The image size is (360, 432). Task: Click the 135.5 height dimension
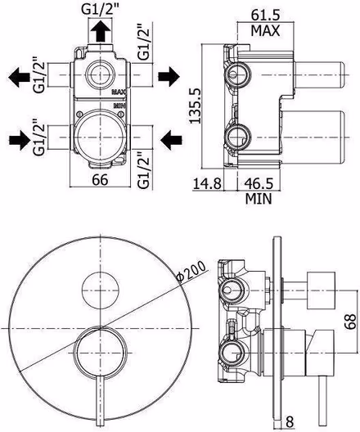196,106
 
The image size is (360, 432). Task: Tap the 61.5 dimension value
265,16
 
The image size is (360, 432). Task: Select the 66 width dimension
100,180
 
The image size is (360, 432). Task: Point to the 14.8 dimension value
207,183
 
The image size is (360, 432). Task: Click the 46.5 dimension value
259,183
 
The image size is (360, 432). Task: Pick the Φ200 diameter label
191,271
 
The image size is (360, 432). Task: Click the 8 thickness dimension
290,422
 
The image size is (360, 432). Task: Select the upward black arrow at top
100,31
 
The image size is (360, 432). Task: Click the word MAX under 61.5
265,30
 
